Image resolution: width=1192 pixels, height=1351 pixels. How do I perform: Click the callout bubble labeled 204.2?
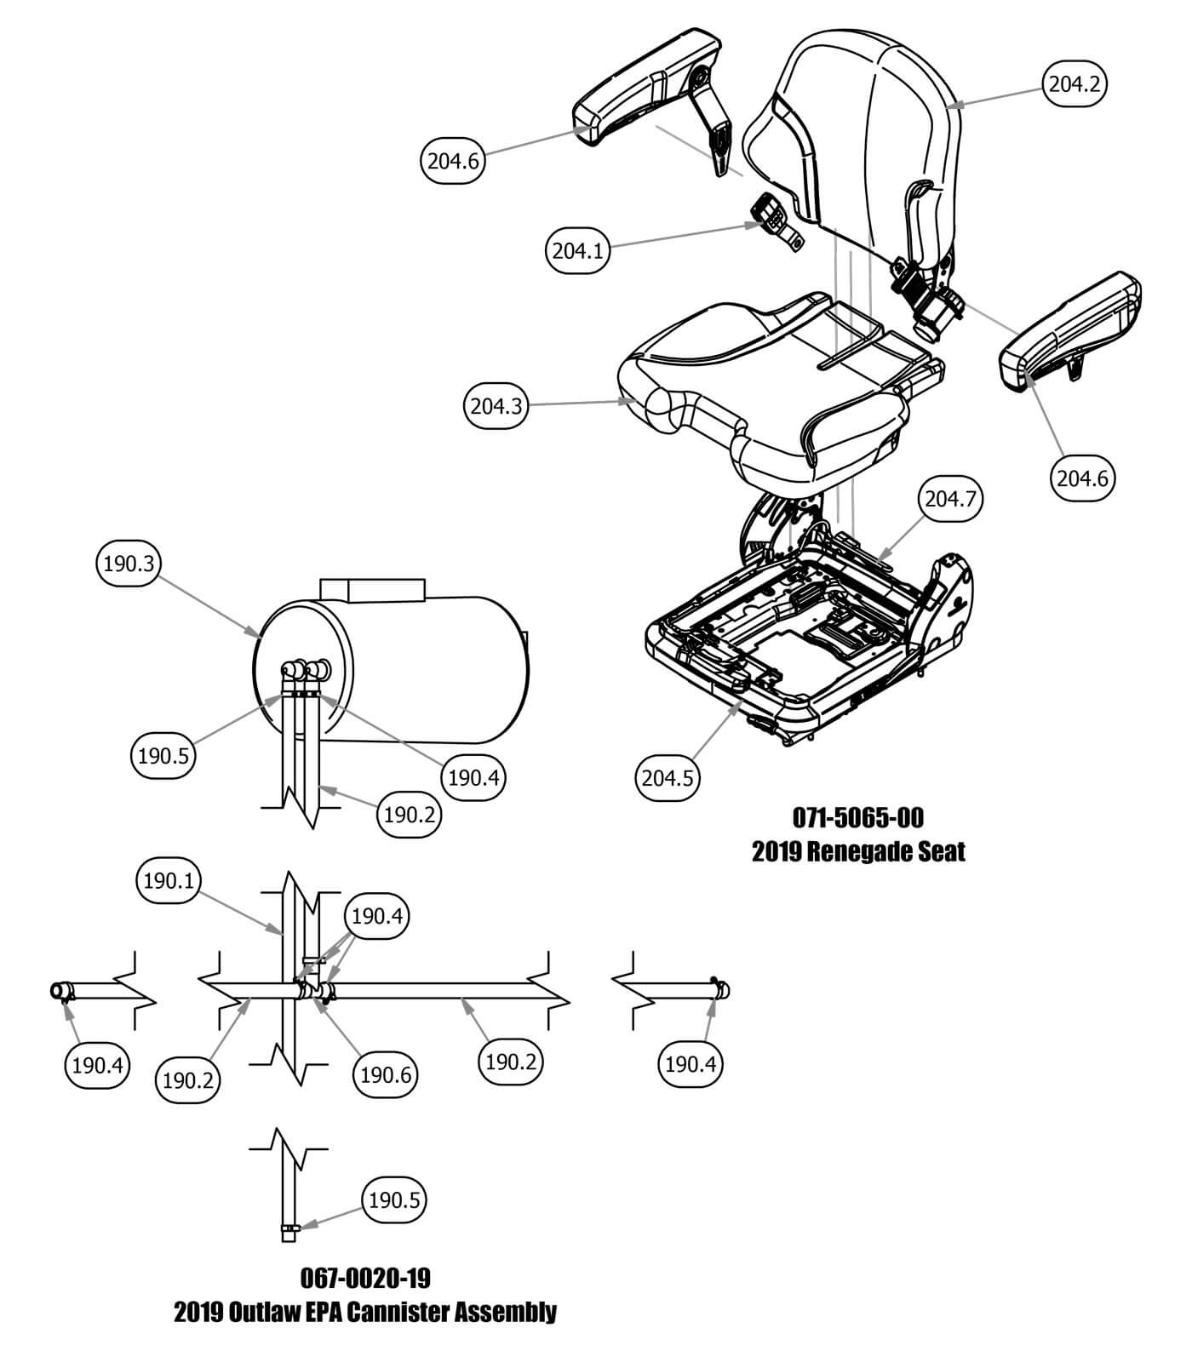tap(1075, 83)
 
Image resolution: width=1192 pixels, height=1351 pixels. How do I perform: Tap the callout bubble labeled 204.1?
tap(577, 250)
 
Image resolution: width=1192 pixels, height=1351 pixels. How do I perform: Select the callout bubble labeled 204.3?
tap(496, 406)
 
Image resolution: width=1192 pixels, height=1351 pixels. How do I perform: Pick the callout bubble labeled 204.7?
tap(949, 499)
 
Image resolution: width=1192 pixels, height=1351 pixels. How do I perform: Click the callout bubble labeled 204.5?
tap(668, 777)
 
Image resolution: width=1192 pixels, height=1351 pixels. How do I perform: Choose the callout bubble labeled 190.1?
tap(169, 881)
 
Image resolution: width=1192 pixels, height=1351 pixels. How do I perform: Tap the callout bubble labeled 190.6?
tap(386, 1074)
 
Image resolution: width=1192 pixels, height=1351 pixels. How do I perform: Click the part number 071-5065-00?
tap(857, 818)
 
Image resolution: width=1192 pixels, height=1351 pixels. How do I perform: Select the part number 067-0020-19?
tap(365, 1279)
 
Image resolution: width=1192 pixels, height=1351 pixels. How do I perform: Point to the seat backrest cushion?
tap(860, 128)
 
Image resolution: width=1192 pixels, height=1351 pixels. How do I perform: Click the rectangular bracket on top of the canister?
tap(371, 589)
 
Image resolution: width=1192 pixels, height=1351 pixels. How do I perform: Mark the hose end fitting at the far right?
tap(722, 990)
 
